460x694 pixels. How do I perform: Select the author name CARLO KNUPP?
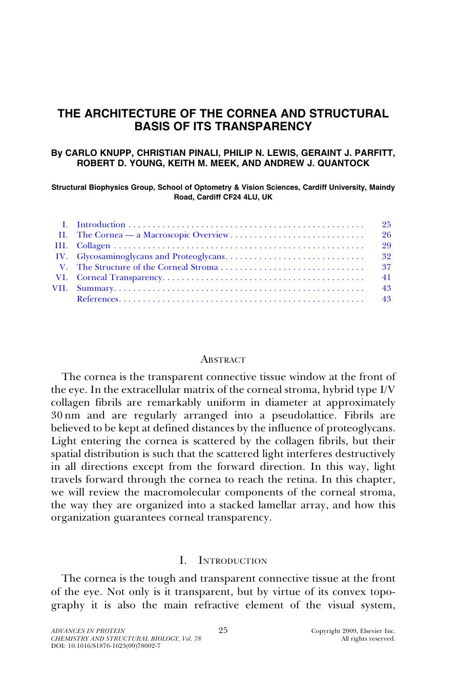[x=98, y=153]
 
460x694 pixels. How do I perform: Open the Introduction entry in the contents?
[x=101, y=224]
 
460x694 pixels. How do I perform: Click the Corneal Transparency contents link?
[x=119, y=277]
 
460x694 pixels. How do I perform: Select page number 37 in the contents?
[x=386, y=267]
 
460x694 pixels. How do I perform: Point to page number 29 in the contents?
[x=386, y=246]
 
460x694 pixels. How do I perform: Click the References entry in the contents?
[x=97, y=299]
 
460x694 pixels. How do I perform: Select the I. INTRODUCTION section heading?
[x=223, y=561]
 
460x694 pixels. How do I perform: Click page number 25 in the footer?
[x=223, y=630]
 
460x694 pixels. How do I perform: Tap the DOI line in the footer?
[x=106, y=646]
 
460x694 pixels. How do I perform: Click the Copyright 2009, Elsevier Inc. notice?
[x=353, y=631]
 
